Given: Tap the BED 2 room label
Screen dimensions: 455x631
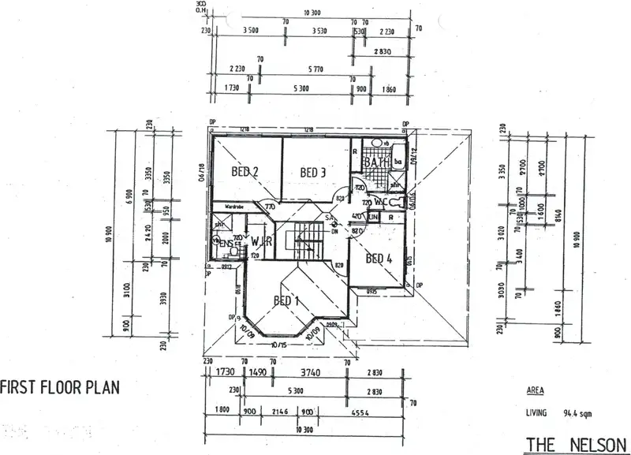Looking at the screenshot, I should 246,170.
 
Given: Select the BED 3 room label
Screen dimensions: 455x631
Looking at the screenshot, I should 313,172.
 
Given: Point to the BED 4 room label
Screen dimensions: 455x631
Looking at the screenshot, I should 379,258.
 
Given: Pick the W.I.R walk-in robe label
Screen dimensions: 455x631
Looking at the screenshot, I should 263,242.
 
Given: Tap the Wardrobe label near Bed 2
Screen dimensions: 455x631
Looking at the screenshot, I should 234,207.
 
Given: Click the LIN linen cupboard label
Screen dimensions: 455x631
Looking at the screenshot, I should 374,216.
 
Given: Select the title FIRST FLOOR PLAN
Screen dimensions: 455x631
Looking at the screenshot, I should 59,387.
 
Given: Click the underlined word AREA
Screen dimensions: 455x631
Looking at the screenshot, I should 533,390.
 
